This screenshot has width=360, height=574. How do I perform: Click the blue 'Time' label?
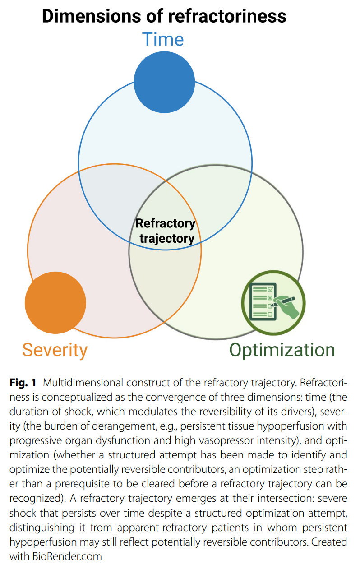coord(163,39)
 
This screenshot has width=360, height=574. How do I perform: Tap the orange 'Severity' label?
coord(55,351)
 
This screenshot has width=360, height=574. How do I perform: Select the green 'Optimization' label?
coord(282,350)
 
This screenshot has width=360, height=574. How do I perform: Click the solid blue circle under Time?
coord(164,82)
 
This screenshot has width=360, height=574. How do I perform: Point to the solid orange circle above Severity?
coord(55,303)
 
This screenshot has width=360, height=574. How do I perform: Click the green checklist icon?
coord(273,303)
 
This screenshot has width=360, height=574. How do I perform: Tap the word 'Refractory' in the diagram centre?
coord(166,224)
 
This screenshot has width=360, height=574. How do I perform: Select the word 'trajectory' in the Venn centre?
coord(167,239)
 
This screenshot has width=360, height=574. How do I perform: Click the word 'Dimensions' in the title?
coord(91,16)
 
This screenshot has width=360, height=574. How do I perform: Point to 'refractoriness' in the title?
coord(227,16)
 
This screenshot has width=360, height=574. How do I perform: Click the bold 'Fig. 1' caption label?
coord(23,383)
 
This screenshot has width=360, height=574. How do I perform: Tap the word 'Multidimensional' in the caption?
coord(83,383)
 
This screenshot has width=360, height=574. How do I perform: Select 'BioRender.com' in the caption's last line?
coord(67,556)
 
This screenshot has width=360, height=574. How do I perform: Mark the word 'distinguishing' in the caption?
coord(42,528)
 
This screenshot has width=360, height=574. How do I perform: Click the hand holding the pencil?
coord(287,307)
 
